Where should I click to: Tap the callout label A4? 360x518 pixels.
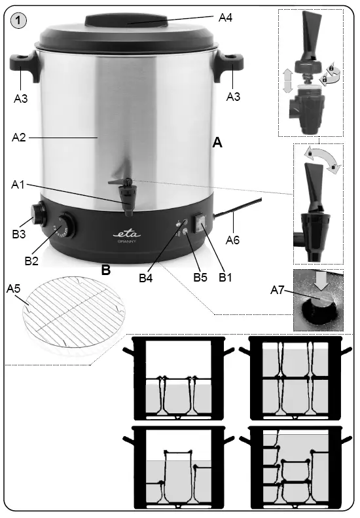tap(225, 18)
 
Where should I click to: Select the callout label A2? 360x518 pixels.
tap(20, 138)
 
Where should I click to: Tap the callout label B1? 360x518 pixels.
tap(226, 277)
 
